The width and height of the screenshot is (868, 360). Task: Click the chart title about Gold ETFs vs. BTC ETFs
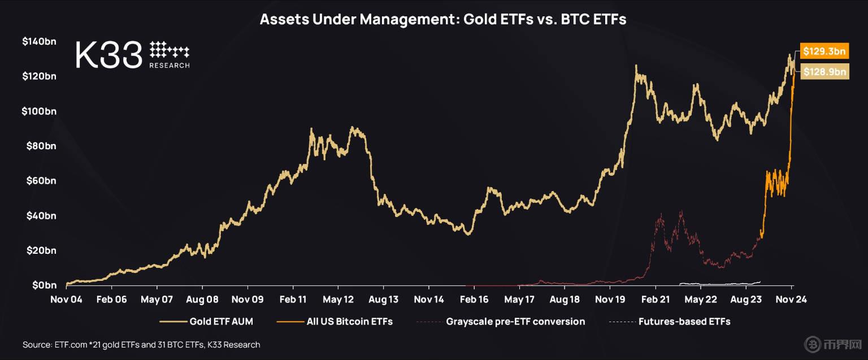pyautogui.click(x=442, y=20)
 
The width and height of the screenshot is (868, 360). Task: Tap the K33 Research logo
pyautogui.click(x=133, y=55)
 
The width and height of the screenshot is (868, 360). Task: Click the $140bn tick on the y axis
pyautogui.click(x=39, y=41)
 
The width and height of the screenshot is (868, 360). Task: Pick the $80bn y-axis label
pyautogui.click(x=41, y=146)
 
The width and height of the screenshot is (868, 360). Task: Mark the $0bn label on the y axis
pyautogui.click(x=44, y=285)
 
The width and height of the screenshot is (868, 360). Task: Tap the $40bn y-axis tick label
pyautogui.click(x=41, y=215)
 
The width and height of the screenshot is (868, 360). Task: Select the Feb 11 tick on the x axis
pyautogui.click(x=293, y=300)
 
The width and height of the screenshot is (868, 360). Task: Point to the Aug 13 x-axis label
pyautogui.click(x=384, y=300)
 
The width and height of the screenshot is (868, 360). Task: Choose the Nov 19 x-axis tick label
pyautogui.click(x=610, y=300)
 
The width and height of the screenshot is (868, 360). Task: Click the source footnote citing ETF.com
pyautogui.click(x=141, y=344)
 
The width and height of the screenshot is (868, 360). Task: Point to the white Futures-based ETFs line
pyautogui.click(x=718, y=283)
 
